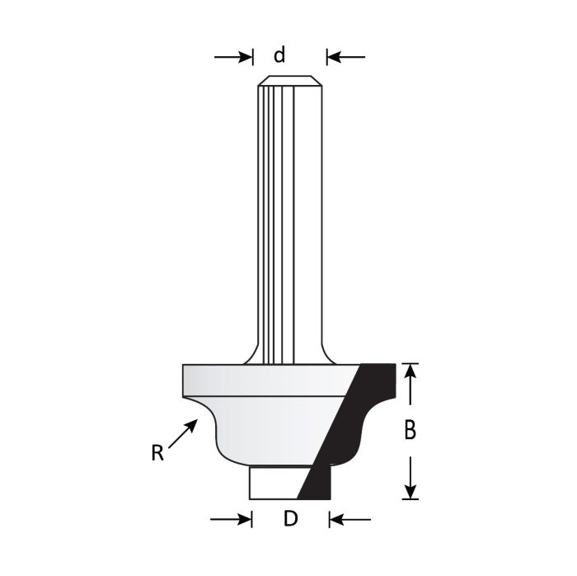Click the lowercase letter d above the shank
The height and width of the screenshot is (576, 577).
tap(279, 55)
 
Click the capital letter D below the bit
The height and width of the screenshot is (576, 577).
tap(289, 519)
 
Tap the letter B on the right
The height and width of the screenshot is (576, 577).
tap(410, 430)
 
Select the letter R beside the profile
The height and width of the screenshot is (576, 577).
tap(157, 452)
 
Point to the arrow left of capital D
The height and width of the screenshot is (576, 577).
tap(232, 519)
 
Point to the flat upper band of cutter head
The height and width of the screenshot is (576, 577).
tap(264, 380)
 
